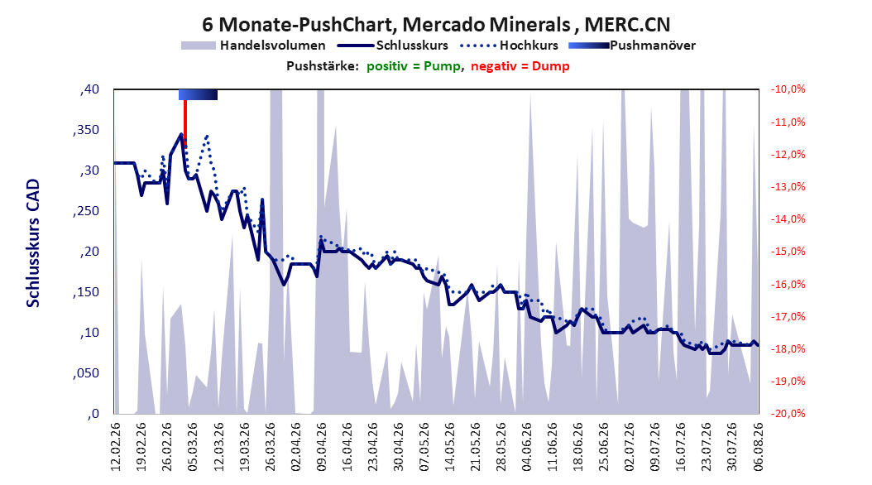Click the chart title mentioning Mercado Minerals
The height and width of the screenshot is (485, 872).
(x=436, y=24)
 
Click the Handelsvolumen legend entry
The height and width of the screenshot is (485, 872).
(x=254, y=46)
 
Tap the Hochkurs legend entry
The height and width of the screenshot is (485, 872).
(x=510, y=46)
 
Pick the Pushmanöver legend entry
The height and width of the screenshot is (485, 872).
(x=632, y=46)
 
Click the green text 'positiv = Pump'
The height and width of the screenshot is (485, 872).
(x=414, y=66)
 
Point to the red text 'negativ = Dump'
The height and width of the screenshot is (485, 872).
(x=520, y=66)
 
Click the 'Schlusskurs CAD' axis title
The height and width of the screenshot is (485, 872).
(x=33, y=243)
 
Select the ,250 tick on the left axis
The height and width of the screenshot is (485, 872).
(x=86, y=211)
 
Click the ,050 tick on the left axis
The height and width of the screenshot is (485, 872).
(x=86, y=373)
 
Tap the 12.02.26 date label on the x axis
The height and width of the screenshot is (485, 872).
(x=116, y=447)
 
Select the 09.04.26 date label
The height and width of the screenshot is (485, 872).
(x=322, y=447)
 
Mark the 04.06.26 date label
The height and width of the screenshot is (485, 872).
(x=527, y=447)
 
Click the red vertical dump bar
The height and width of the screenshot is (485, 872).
(x=185, y=122)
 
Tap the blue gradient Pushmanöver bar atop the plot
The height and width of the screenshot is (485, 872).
(x=198, y=94)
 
